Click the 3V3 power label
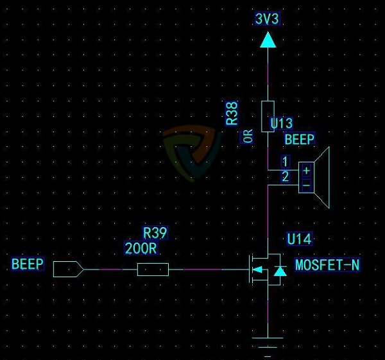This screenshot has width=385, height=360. pos(267,19)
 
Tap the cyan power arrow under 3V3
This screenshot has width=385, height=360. pos(268,40)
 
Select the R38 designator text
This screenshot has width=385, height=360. pos(232,113)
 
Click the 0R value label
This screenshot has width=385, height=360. pos(248,136)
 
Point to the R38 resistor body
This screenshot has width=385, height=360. pos(268,116)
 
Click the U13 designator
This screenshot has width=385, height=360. pos(282,123)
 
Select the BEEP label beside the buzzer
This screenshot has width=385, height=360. pos(300,139)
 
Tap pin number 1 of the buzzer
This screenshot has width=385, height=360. pos(285,161)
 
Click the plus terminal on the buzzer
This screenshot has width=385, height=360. pos(306,170)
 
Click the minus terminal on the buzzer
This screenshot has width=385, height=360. pos(306,185)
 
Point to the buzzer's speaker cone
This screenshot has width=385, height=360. pos(321,178)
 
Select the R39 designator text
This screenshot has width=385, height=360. pos(155,232)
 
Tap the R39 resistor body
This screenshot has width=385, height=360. pos(153,270)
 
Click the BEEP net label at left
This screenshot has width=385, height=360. pos(28,264)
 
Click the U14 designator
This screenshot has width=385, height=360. pos(299,239)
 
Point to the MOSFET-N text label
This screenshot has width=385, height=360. pos(327,264)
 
